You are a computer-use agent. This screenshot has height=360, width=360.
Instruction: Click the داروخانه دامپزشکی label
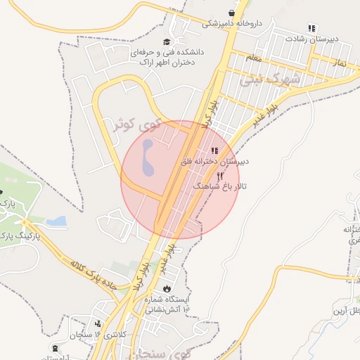(232, 23)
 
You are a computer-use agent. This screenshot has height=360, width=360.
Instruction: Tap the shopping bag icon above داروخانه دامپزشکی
(231, 13)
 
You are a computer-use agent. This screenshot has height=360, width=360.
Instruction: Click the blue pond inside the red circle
(147, 159)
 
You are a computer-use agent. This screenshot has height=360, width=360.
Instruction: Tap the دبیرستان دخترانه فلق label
(217, 162)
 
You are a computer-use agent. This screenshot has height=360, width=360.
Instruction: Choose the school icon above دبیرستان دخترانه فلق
(214, 150)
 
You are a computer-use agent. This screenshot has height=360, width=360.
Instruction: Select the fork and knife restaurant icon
(220, 176)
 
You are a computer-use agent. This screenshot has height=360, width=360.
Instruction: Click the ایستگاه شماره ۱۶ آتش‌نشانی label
(166, 304)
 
